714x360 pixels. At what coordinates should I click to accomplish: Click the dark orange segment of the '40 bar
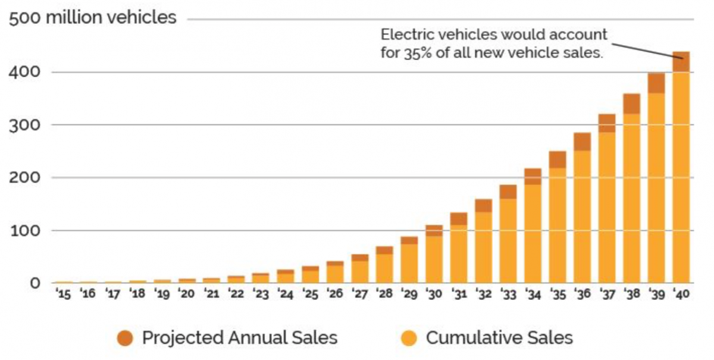click(x=681, y=62)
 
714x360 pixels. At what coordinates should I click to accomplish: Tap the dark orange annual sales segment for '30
click(x=434, y=230)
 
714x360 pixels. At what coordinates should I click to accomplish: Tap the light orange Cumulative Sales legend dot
click(x=409, y=339)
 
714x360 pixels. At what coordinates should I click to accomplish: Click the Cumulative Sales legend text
click(x=499, y=338)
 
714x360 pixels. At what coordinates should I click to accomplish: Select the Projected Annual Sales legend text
click(x=239, y=338)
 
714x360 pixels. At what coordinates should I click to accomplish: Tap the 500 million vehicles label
click(x=92, y=17)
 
